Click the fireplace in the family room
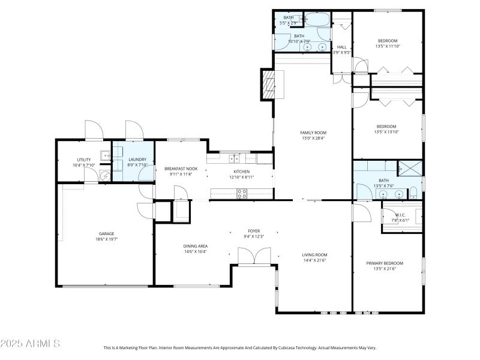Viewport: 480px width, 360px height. tap(267, 84)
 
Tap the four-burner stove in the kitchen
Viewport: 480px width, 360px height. tap(242, 194)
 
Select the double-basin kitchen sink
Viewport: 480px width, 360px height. tap(233, 158)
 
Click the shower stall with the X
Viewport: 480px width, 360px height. tap(411, 168)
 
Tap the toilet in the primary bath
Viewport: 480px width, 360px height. tap(413, 193)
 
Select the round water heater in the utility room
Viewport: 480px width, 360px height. tap(104, 176)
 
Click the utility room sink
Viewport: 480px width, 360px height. tap(105, 155)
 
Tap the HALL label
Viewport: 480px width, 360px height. tap(341, 47)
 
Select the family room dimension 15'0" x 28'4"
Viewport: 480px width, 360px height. tap(313, 138)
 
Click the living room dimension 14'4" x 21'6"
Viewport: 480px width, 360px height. tap(314, 260)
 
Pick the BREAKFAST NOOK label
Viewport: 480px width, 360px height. tap(181, 169)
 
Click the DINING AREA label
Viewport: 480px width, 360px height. tap(195, 246)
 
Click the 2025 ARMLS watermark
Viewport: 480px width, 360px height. tap(30, 344)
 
